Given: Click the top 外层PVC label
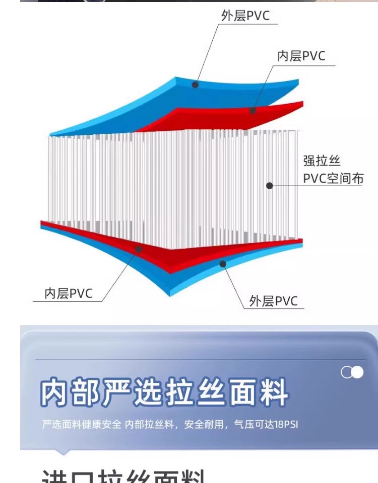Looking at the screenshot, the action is coord(245,16).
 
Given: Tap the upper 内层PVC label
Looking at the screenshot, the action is coord(301,56).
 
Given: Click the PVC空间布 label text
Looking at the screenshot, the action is coord(333,179).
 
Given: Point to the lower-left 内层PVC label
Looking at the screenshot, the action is coord(69,293).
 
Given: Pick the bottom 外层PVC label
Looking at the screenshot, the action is coord(274,301).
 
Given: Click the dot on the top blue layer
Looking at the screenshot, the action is coord(195,85).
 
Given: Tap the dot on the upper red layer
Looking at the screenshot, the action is coord(253,110).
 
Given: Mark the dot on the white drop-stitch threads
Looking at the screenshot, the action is coord(270,186).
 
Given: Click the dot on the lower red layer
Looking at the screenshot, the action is coord(139,249).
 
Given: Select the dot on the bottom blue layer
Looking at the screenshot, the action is coord(223,263).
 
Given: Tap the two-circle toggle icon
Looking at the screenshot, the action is coord(352,372).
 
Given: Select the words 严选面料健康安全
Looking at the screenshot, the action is coord(82,424).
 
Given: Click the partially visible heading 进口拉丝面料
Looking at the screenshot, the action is coord(123,475).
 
